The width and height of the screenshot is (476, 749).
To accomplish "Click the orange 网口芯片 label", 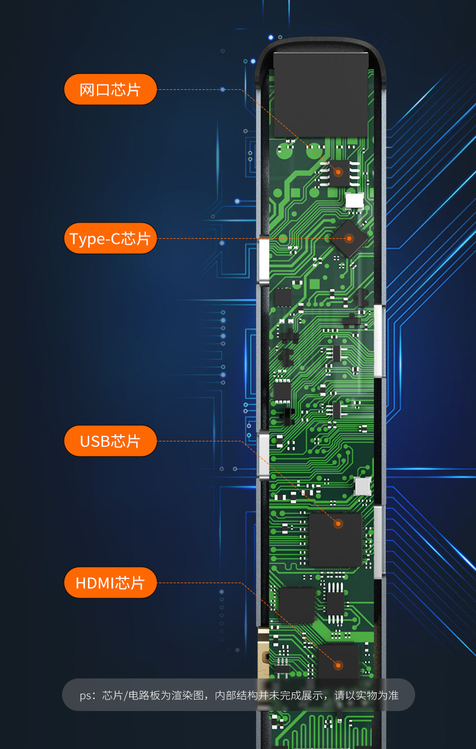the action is pyautogui.click(x=110, y=89).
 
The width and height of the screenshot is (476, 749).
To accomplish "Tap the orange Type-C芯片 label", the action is pyautogui.click(x=110, y=239).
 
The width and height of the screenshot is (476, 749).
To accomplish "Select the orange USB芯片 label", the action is pyautogui.click(x=110, y=441).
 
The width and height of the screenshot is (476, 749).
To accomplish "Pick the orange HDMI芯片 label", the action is pyautogui.click(x=110, y=583).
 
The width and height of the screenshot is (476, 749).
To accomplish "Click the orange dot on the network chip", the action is pyautogui.click(x=339, y=171).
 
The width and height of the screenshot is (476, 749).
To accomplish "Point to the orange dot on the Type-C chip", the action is pyautogui.click(x=349, y=239).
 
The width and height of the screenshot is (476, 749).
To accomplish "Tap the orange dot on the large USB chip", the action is pyautogui.click(x=338, y=523).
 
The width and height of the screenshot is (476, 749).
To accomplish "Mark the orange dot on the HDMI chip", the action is pyautogui.click(x=338, y=666).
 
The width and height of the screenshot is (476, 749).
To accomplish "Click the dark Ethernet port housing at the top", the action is pyautogui.click(x=321, y=94).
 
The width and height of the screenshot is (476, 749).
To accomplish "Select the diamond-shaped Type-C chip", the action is pyautogui.click(x=349, y=239).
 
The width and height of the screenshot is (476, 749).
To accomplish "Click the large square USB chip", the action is pyautogui.click(x=335, y=540).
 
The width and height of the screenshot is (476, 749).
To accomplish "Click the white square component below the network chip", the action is pyautogui.click(x=355, y=200).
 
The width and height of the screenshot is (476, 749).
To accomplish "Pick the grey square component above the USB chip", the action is pyautogui.click(x=362, y=486).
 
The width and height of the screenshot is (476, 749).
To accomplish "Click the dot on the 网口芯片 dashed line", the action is pyautogui.click(x=222, y=89).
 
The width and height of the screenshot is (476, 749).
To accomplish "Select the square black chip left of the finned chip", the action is pyautogui.click(x=297, y=605).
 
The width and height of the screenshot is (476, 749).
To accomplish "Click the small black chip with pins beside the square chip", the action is pyautogui.click(x=334, y=602).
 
